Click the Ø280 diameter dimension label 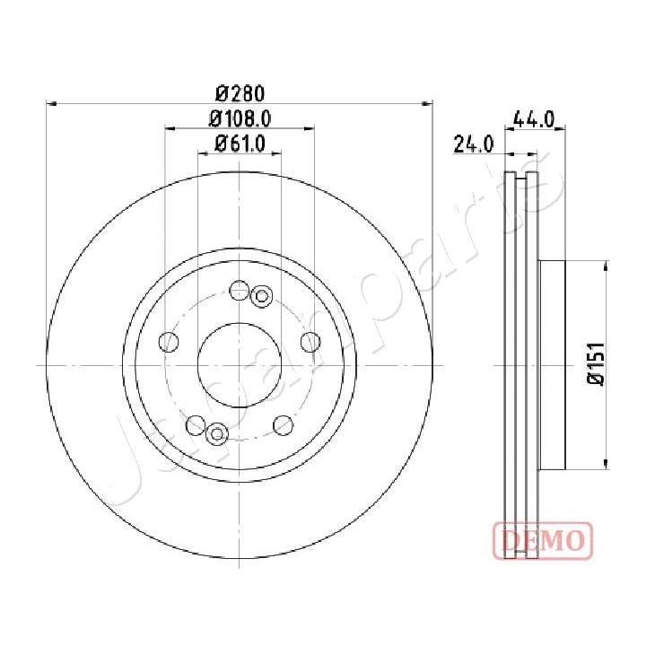point(239,92)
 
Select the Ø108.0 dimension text point(240,117)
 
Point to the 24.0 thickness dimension point(474,144)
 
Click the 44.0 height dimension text point(534,118)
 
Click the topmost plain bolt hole point(239,290)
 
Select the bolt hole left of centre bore point(167,342)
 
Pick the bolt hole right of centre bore point(310,342)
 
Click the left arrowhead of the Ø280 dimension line point(50,104)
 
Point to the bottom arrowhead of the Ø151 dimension point(607,464)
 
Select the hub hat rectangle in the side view point(552,365)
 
